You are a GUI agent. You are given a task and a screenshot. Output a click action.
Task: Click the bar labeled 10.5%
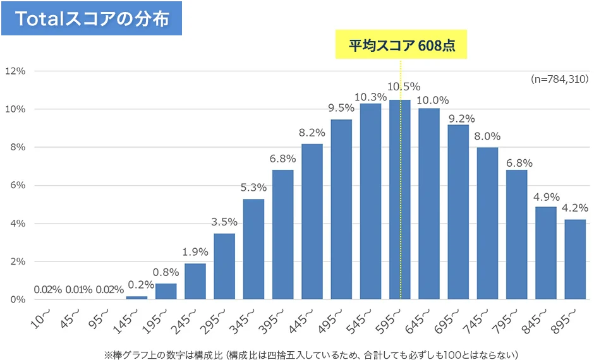[x=400, y=200]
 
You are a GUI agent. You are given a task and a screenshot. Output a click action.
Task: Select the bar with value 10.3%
[x=371, y=201]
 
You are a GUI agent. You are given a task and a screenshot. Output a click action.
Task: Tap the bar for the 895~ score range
[x=575, y=259]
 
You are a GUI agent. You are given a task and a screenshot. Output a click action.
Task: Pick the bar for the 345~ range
[x=253, y=249]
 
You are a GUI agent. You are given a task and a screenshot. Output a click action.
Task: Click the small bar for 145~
[x=136, y=297]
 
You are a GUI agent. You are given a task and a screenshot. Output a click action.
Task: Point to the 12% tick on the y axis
[x=15, y=71]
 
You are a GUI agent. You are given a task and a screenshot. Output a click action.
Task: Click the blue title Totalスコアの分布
[x=92, y=20]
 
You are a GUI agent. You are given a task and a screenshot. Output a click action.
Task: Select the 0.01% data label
[x=78, y=290]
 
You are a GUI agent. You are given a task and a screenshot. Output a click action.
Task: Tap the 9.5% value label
[x=342, y=108]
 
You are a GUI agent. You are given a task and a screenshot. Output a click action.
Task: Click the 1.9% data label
[x=195, y=252]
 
